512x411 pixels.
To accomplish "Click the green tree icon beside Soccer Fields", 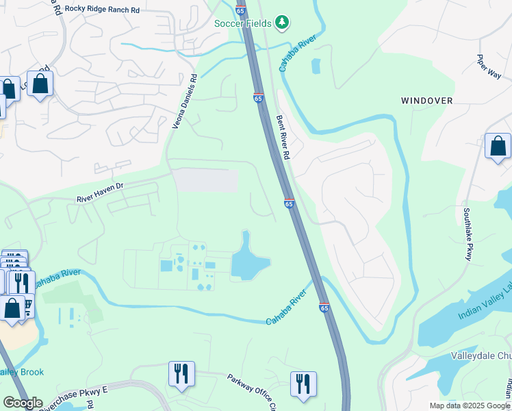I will click(282, 23).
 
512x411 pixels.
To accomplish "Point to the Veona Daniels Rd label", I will click(184, 101).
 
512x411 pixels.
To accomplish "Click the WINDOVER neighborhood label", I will click(426, 101).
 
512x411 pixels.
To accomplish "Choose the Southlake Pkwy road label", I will click(468, 234).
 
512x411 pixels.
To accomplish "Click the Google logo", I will click(23, 403).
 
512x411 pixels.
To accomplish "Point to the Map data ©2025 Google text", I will click(470, 406).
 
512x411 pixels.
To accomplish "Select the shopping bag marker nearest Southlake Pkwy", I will click(498, 147).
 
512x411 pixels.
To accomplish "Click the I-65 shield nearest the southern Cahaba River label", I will click(324, 308).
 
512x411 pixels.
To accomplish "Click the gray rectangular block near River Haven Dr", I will click(205, 181).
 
